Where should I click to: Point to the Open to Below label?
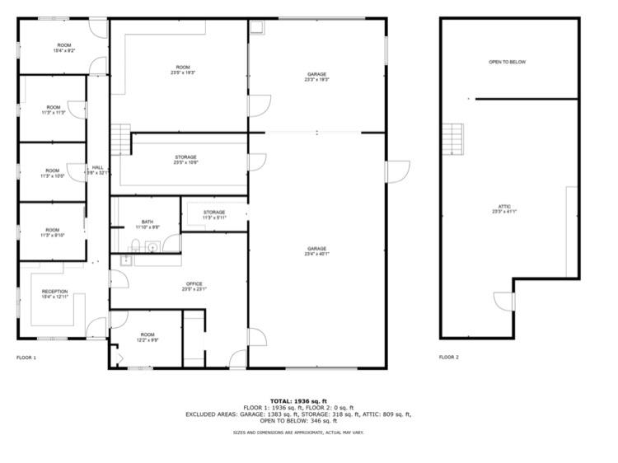click(507, 62)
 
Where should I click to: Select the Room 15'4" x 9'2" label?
click(64, 47)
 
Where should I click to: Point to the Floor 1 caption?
click(27, 358)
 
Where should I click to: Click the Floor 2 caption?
click(449, 358)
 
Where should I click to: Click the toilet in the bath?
click(135, 244)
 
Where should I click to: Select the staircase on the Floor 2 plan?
click(451, 138)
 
